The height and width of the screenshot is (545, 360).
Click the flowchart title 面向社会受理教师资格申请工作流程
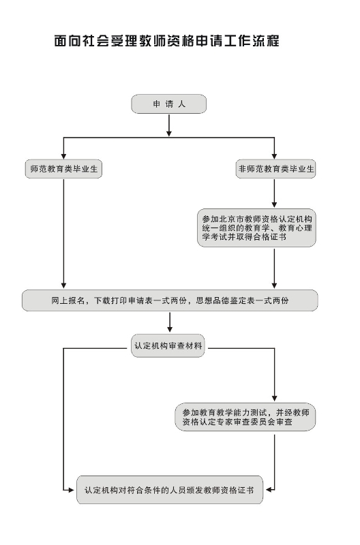coord(167,41)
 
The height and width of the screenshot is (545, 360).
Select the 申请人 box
coord(168,104)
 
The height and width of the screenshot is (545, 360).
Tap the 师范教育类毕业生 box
coord(63,169)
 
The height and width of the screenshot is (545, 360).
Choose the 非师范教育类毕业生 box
coord(276,169)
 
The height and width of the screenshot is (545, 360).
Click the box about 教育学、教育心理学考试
coord(256,228)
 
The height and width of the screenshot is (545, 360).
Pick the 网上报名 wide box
coord(170,300)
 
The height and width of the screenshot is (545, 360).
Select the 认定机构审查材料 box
coord(168,346)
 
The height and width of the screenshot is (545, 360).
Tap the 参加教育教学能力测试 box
coord(245,417)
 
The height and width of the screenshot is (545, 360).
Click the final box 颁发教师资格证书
coord(170,490)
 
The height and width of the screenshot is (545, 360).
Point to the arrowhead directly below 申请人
coord(169,133)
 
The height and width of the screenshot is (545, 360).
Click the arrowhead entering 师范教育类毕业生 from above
coord(63,156)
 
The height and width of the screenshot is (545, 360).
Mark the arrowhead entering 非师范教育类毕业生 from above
coord(275,156)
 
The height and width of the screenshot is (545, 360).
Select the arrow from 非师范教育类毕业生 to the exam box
coord(275,193)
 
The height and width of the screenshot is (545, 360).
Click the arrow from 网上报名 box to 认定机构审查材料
coord(170,322)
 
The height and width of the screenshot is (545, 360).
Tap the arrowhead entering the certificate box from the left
coord(71,490)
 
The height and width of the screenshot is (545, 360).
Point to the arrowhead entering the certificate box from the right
coord(269,490)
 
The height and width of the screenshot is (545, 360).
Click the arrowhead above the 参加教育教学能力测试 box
coord(275,399)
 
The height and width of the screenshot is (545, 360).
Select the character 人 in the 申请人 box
coord(182,104)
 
